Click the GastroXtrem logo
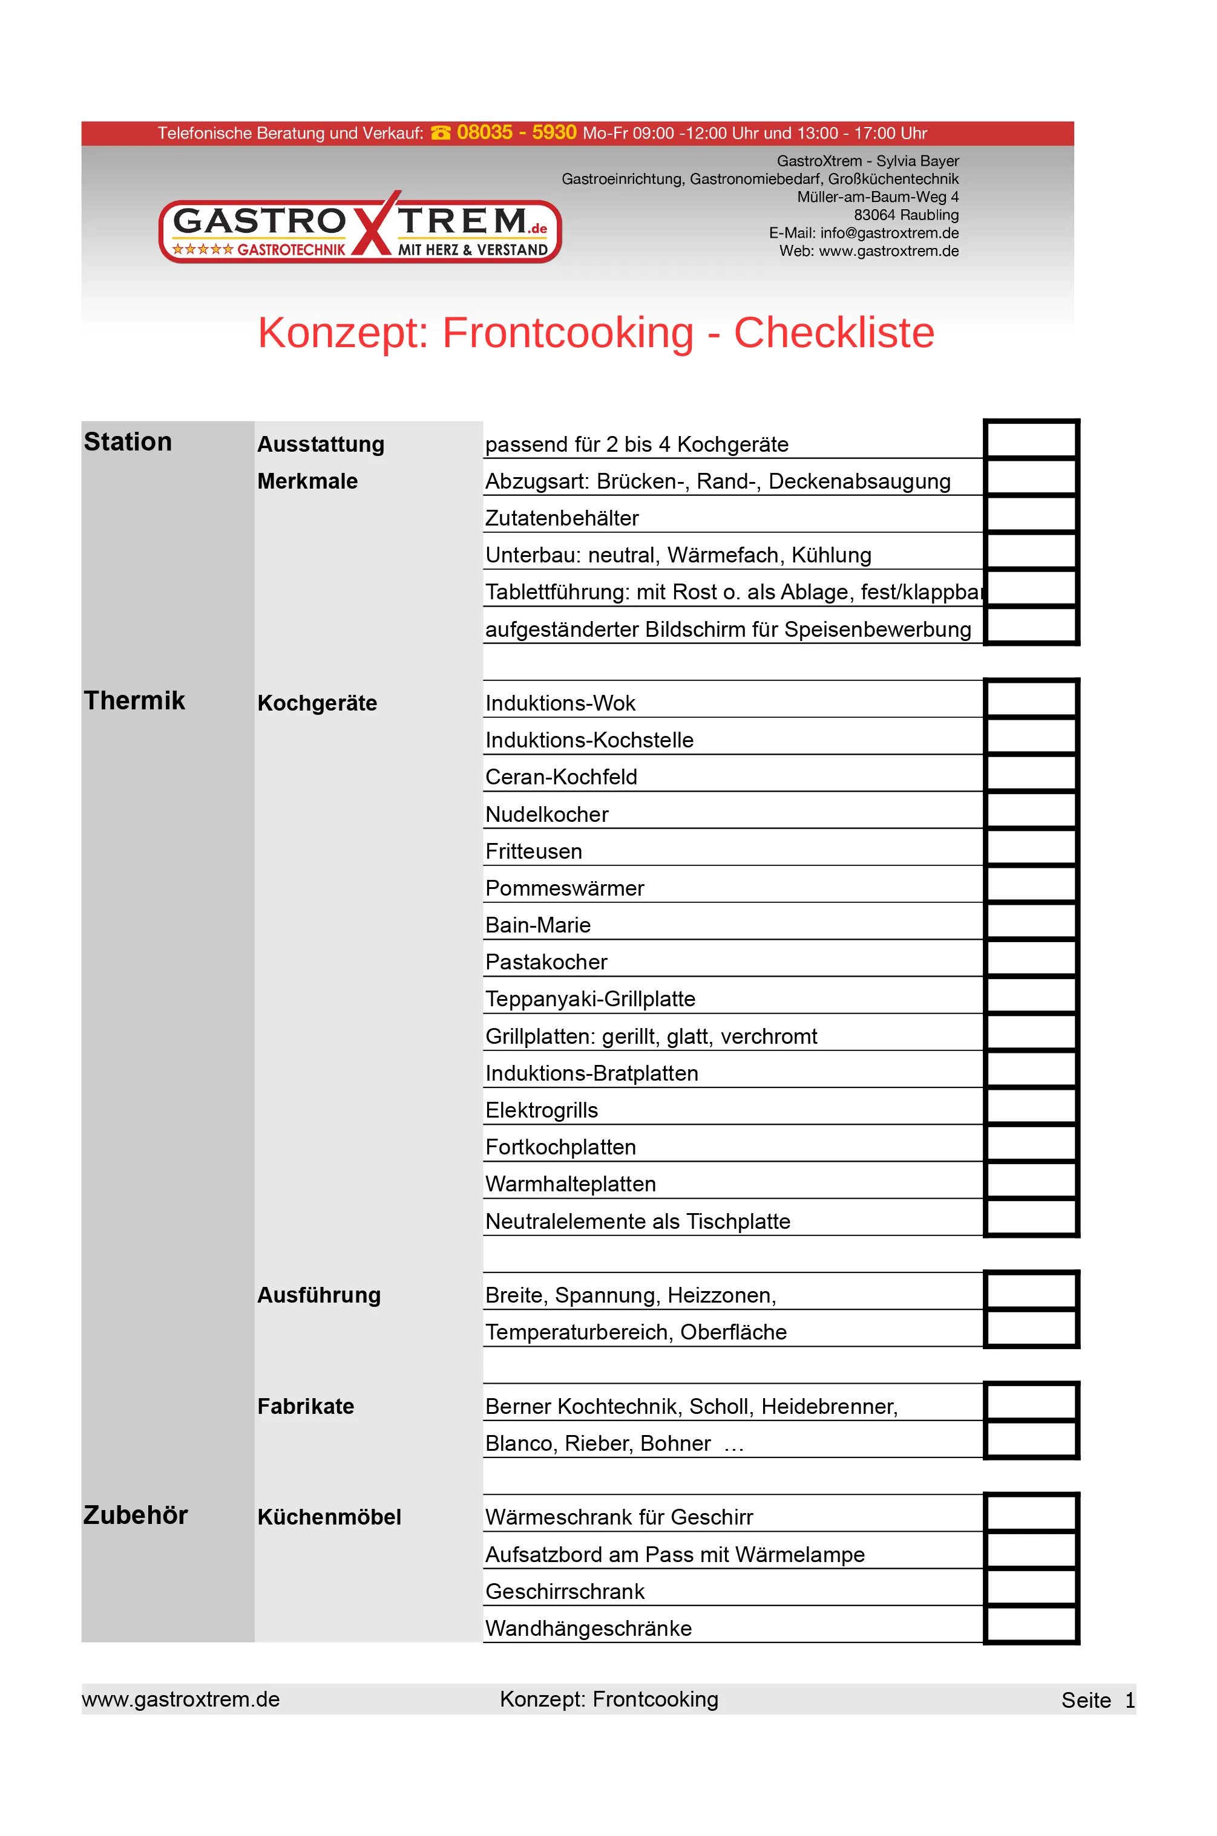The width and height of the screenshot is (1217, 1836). [x=359, y=228]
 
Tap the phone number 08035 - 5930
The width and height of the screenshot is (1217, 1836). [x=516, y=132]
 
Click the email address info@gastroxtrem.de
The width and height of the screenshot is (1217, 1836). [x=888, y=233]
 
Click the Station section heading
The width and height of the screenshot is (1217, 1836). [x=128, y=441]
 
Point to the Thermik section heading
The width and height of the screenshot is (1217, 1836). [x=134, y=700]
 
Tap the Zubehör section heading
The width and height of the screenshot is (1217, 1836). [x=136, y=1515]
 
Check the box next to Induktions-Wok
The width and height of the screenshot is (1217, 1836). [x=1031, y=699]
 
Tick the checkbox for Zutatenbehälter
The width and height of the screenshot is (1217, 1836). [x=1031, y=514]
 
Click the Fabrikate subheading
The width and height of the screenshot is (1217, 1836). [x=306, y=1406]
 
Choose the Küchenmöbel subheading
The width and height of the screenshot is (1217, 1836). [x=329, y=1517]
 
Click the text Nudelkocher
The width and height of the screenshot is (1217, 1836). [x=546, y=815]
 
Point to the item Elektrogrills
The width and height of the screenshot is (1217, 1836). [x=541, y=1110]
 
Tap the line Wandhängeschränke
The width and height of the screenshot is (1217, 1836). [x=588, y=1628]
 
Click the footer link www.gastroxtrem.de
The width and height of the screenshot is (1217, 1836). [x=181, y=1699]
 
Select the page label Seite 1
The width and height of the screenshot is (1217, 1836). [x=1097, y=1701]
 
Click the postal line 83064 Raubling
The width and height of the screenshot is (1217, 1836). [x=906, y=215]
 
